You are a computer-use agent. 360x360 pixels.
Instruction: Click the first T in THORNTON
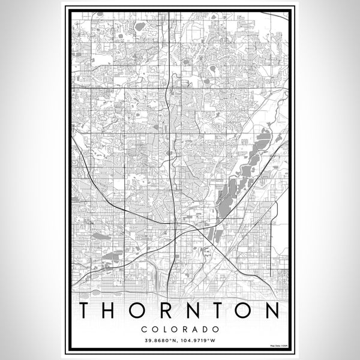[x=87, y=311]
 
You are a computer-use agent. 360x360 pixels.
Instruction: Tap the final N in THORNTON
[x=273, y=311]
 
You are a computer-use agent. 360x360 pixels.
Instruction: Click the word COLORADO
[x=180, y=329]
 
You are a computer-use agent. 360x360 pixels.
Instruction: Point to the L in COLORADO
[x=165, y=329]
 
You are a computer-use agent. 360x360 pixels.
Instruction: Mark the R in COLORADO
[x=185, y=329]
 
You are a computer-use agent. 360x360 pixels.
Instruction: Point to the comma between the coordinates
[x=178, y=343]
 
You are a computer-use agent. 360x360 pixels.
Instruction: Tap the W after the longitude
[x=214, y=341]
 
